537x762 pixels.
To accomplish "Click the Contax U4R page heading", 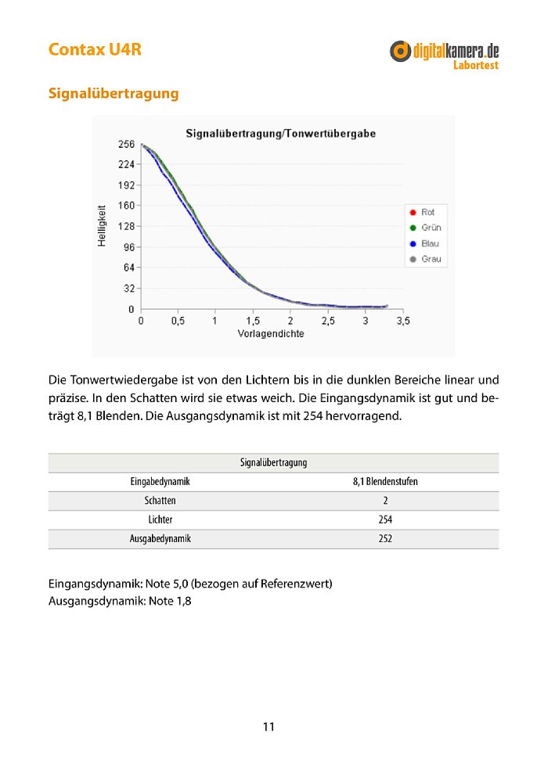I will [95, 49].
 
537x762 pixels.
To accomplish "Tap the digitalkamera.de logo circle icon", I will [401, 51].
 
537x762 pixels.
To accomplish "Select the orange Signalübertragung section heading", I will [114, 94].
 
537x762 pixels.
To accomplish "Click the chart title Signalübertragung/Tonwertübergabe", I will [280, 134].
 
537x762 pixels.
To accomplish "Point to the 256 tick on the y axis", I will [126, 145].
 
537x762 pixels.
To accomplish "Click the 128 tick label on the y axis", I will [126, 227].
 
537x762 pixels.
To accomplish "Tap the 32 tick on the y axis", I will [128, 289].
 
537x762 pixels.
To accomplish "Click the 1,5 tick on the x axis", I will [253, 322].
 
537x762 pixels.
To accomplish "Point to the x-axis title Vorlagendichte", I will [271, 333].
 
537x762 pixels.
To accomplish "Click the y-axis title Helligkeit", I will [102, 226].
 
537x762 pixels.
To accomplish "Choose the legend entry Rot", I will [427, 212].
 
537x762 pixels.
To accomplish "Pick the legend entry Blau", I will [430, 243].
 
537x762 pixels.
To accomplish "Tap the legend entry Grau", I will [430, 259].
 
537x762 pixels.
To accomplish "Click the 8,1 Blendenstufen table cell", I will [385, 482].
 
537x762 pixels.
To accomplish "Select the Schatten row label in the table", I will [160, 501].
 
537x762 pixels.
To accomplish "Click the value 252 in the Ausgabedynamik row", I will [385, 539].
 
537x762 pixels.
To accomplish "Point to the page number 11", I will [268, 727].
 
